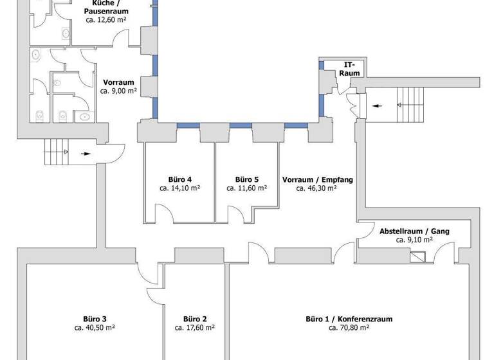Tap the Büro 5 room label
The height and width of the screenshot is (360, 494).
pyautogui.click(x=247, y=179)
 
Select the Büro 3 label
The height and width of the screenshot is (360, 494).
pyautogui.click(x=95, y=318)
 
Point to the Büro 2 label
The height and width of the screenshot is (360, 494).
pyautogui.click(x=194, y=318)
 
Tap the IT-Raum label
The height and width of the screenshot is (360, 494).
pyautogui.click(x=349, y=69)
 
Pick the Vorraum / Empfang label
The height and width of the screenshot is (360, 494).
pyautogui.click(x=318, y=179)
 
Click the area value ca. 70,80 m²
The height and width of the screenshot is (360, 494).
pyautogui.click(x=349, y=327)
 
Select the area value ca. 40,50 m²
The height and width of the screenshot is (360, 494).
pyautogui.click(x=95, y=327)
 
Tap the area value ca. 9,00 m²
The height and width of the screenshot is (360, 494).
pyautogui.click(x=118, y=91)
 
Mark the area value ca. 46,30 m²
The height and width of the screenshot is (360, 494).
pyautogui.click(x=318, y=188)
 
